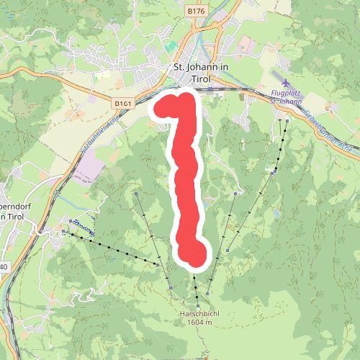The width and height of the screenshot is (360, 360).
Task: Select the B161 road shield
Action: [x=123, y=104]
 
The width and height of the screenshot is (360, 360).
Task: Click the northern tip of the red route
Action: [x=186, y=99]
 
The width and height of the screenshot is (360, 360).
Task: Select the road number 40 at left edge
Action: [x=4, y=267]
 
